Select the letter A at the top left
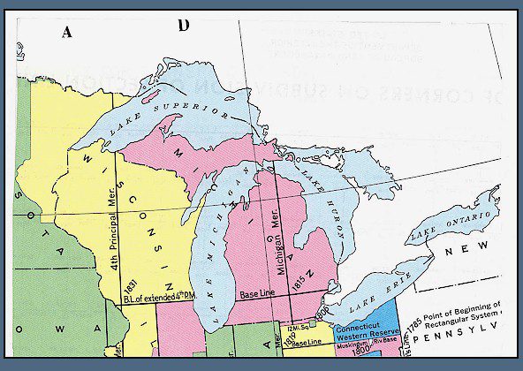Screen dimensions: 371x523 tap(66, 33)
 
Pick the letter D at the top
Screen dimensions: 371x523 tap(184, 24)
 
